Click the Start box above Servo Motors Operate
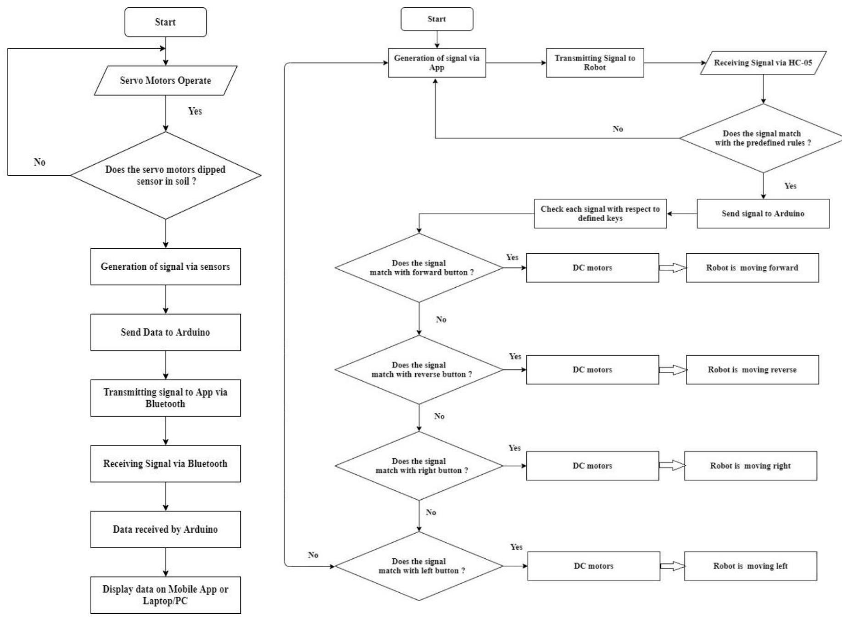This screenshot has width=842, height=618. click(x=165, y=22)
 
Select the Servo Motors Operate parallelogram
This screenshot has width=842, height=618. click(x=165, y=80)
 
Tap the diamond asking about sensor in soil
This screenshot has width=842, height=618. click(x=165, y=175)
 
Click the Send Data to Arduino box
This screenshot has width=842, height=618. click(x=165, y=332)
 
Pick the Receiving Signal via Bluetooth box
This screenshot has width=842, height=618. click(x=165, y=463)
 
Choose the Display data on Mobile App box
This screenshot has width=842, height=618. click(x=165, y=595)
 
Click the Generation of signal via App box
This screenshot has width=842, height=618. click(x=436, y=63)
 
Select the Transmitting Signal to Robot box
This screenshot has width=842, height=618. click(x=595, y=63)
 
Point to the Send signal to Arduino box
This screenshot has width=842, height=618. click(x=763, y=213)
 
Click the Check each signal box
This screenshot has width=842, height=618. click(x=600, y=213)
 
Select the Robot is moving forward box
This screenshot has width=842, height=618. click(x=752, y=267)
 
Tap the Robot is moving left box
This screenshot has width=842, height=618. click(x=750, y=566)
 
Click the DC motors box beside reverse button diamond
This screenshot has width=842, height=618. click(x=592, y=369)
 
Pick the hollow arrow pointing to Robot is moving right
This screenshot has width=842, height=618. click(x=672, y=466)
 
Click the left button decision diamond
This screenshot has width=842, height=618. click(x=419, y=566)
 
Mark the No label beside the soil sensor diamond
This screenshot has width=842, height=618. click(x=39, y=162)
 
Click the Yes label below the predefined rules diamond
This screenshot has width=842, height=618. click(x=790, y=186)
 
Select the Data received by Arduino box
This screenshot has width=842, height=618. click(x=165, y=529)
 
